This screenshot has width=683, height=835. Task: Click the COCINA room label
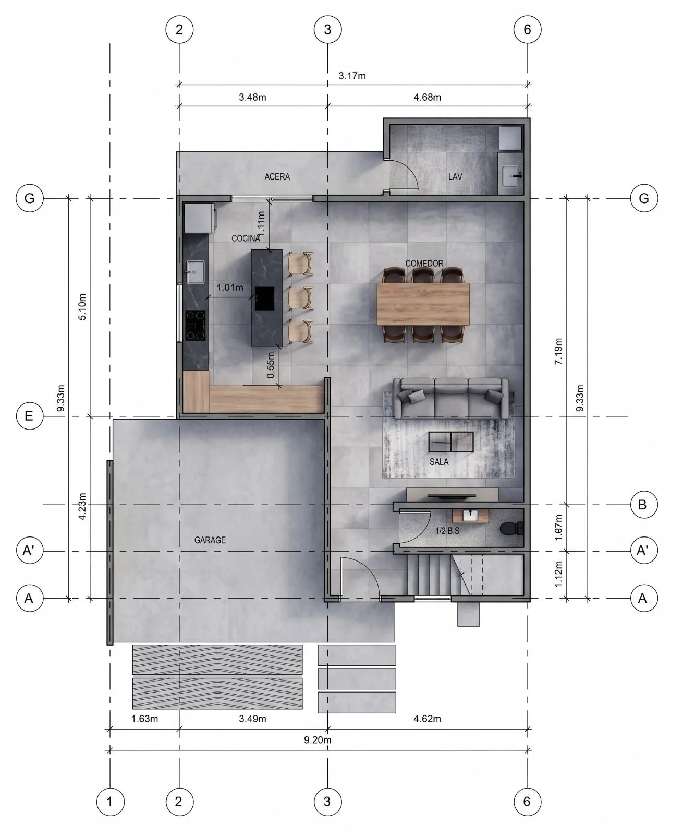246,238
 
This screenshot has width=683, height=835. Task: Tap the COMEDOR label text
424,264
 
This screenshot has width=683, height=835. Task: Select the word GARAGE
210,540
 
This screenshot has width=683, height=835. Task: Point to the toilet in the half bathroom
511,529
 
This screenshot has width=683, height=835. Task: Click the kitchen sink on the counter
196,271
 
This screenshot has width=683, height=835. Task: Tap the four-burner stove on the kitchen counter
196,326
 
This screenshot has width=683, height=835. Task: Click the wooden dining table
423,304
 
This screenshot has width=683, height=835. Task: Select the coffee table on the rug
451,442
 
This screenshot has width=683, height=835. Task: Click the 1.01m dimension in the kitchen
230,288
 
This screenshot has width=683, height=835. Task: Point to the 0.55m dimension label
271,365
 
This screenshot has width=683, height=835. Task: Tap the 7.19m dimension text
558,351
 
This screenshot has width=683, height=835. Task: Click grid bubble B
642,505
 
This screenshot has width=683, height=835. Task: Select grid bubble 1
111,802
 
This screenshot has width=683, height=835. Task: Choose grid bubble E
29,416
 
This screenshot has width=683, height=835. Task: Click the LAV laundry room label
455,176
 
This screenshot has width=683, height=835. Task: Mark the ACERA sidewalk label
277,176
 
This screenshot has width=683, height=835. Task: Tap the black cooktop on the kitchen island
264,298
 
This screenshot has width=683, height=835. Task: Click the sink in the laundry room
511,176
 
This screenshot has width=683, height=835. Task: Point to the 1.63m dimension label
145,719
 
